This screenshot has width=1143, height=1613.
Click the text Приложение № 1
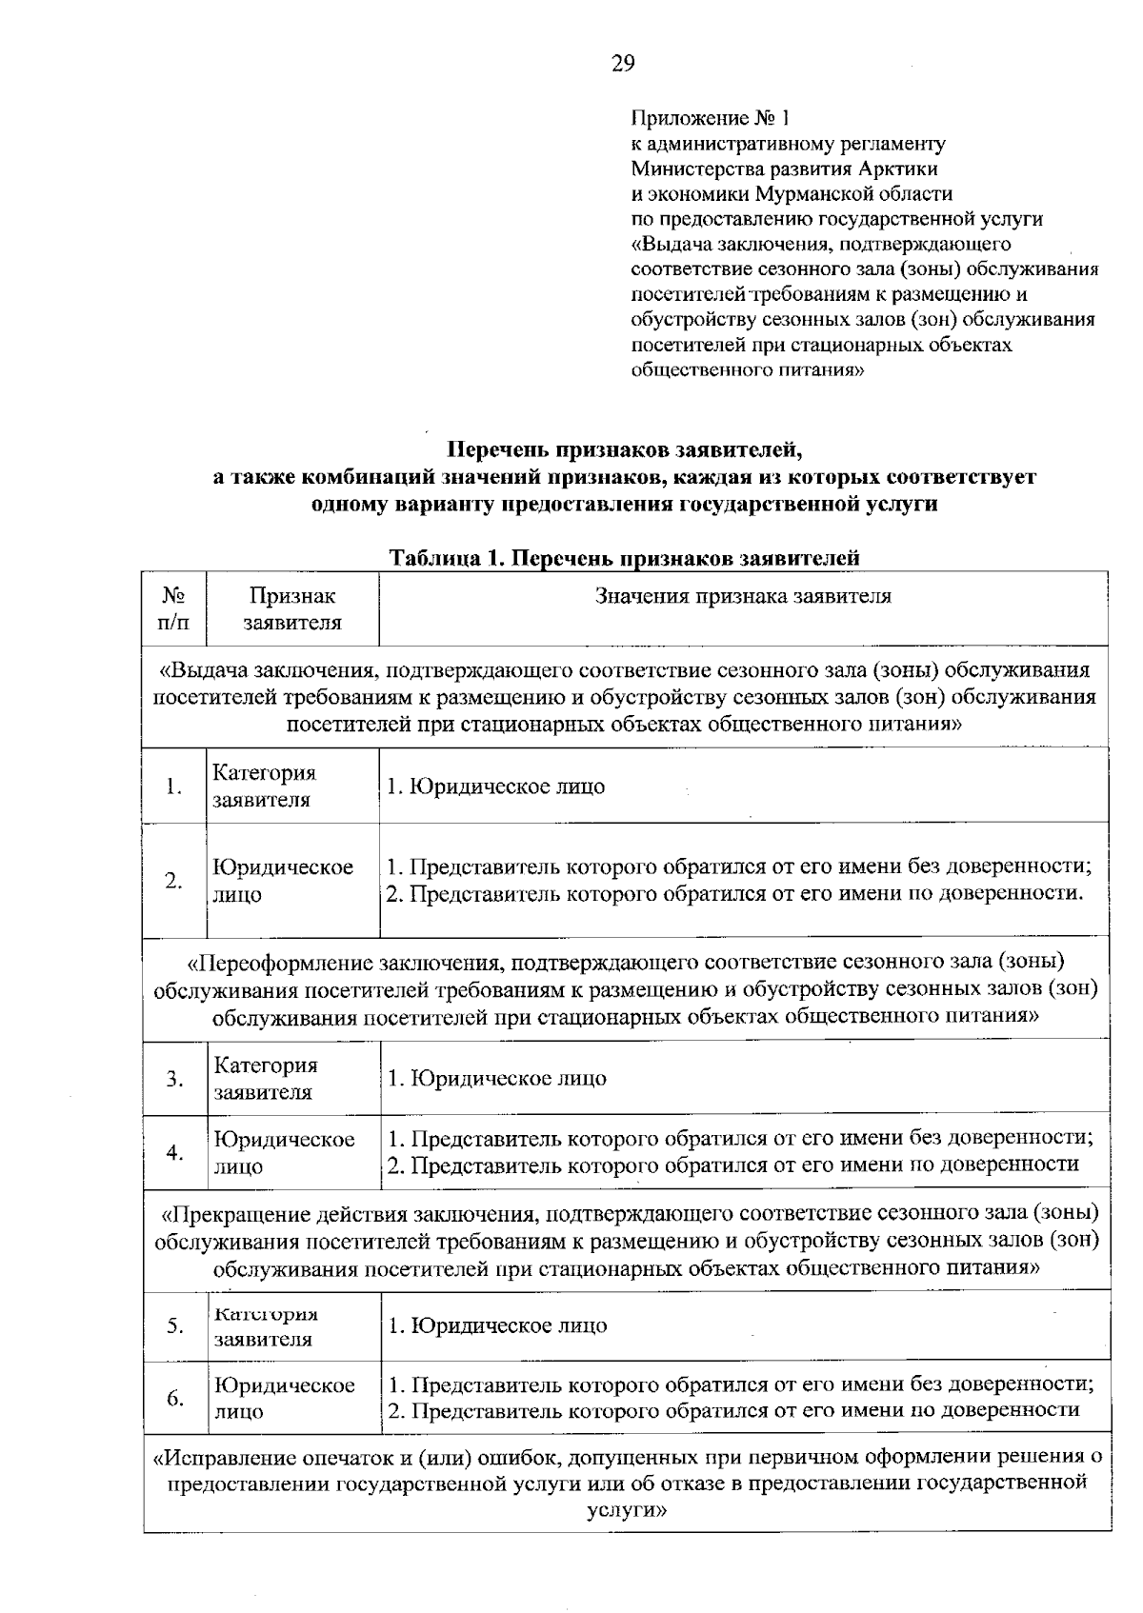(711, 119)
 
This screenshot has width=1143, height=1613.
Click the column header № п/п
(173, 609)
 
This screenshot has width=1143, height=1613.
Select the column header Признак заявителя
(292, 609)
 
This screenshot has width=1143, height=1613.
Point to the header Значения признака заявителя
(743, 596)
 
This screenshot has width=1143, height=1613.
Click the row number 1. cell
(173, 787)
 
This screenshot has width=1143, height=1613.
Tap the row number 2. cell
(173, 881)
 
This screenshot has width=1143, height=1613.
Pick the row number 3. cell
(174, 1079)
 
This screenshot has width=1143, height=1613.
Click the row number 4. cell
(174, 1152)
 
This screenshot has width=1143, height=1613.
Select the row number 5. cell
(174, 1325)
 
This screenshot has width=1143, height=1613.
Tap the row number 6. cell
(174, 1398)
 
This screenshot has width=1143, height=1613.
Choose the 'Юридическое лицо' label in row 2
(283, 881)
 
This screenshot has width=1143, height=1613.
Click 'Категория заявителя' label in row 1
(264, 787)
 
